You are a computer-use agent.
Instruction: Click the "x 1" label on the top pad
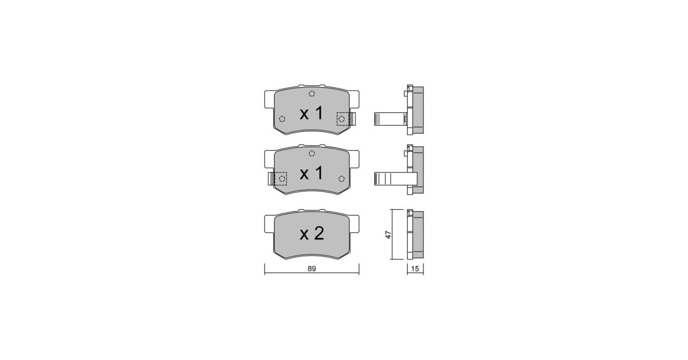pos(311,113)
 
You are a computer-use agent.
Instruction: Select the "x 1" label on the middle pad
pos(311,173)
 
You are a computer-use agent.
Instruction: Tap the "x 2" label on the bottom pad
pos(312,233)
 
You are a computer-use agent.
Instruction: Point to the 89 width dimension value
pos(312,269)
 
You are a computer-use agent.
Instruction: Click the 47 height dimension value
pos(389,234)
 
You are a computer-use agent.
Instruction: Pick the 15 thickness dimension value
pos(415,269)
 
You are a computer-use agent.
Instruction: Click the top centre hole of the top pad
pos(312,93)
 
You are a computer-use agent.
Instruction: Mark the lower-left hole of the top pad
pos(282,119)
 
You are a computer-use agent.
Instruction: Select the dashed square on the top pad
pos(343,119)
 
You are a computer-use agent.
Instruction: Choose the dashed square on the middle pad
pos(280,179)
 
